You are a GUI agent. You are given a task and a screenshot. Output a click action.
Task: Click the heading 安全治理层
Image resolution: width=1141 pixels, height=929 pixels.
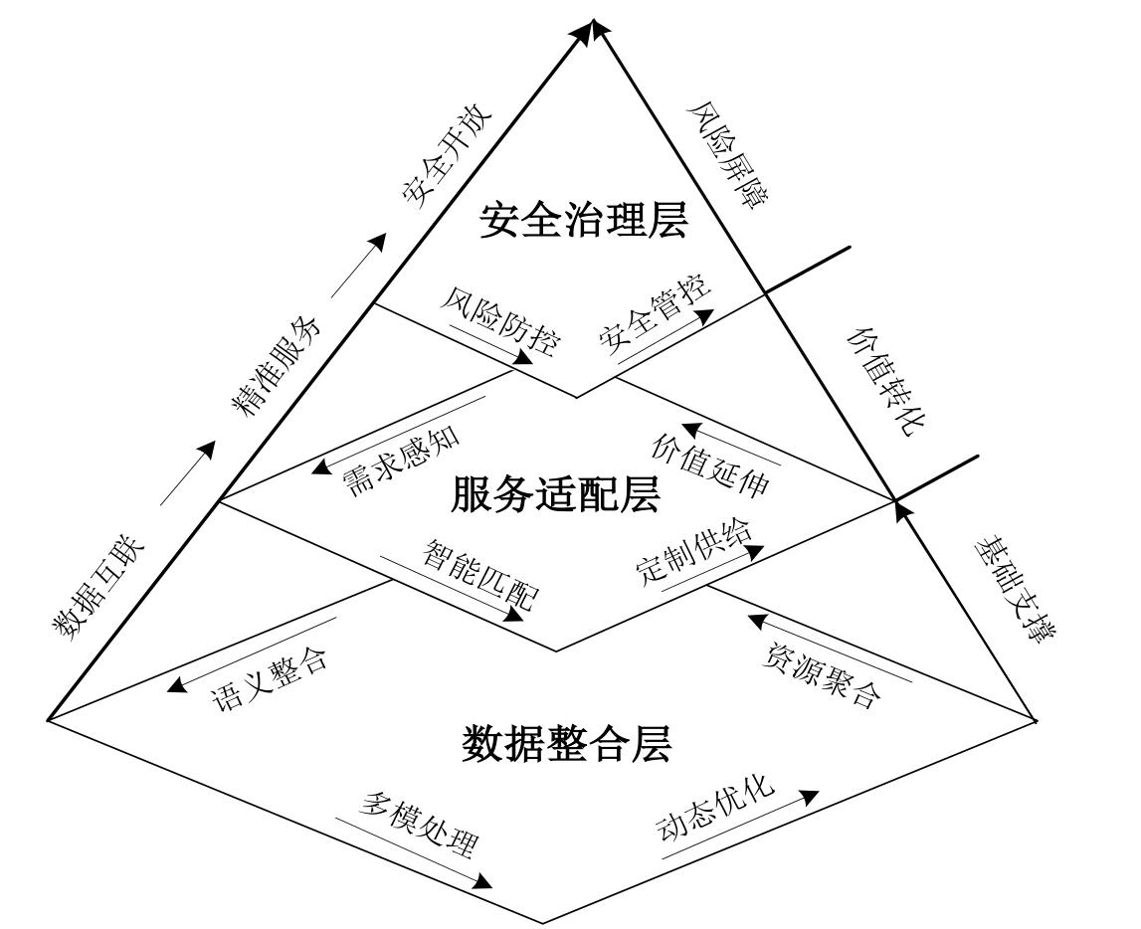pos(583,221)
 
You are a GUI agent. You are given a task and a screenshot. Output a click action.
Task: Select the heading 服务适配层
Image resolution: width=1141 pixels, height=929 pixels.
pos(555,494)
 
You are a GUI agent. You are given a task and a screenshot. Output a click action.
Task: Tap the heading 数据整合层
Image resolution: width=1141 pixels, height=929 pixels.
pos(567,743)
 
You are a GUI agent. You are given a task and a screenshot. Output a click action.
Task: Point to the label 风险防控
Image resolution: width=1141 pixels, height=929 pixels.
pos(499,325)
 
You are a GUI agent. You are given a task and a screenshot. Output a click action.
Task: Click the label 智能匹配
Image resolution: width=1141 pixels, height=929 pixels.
pos(480,575)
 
